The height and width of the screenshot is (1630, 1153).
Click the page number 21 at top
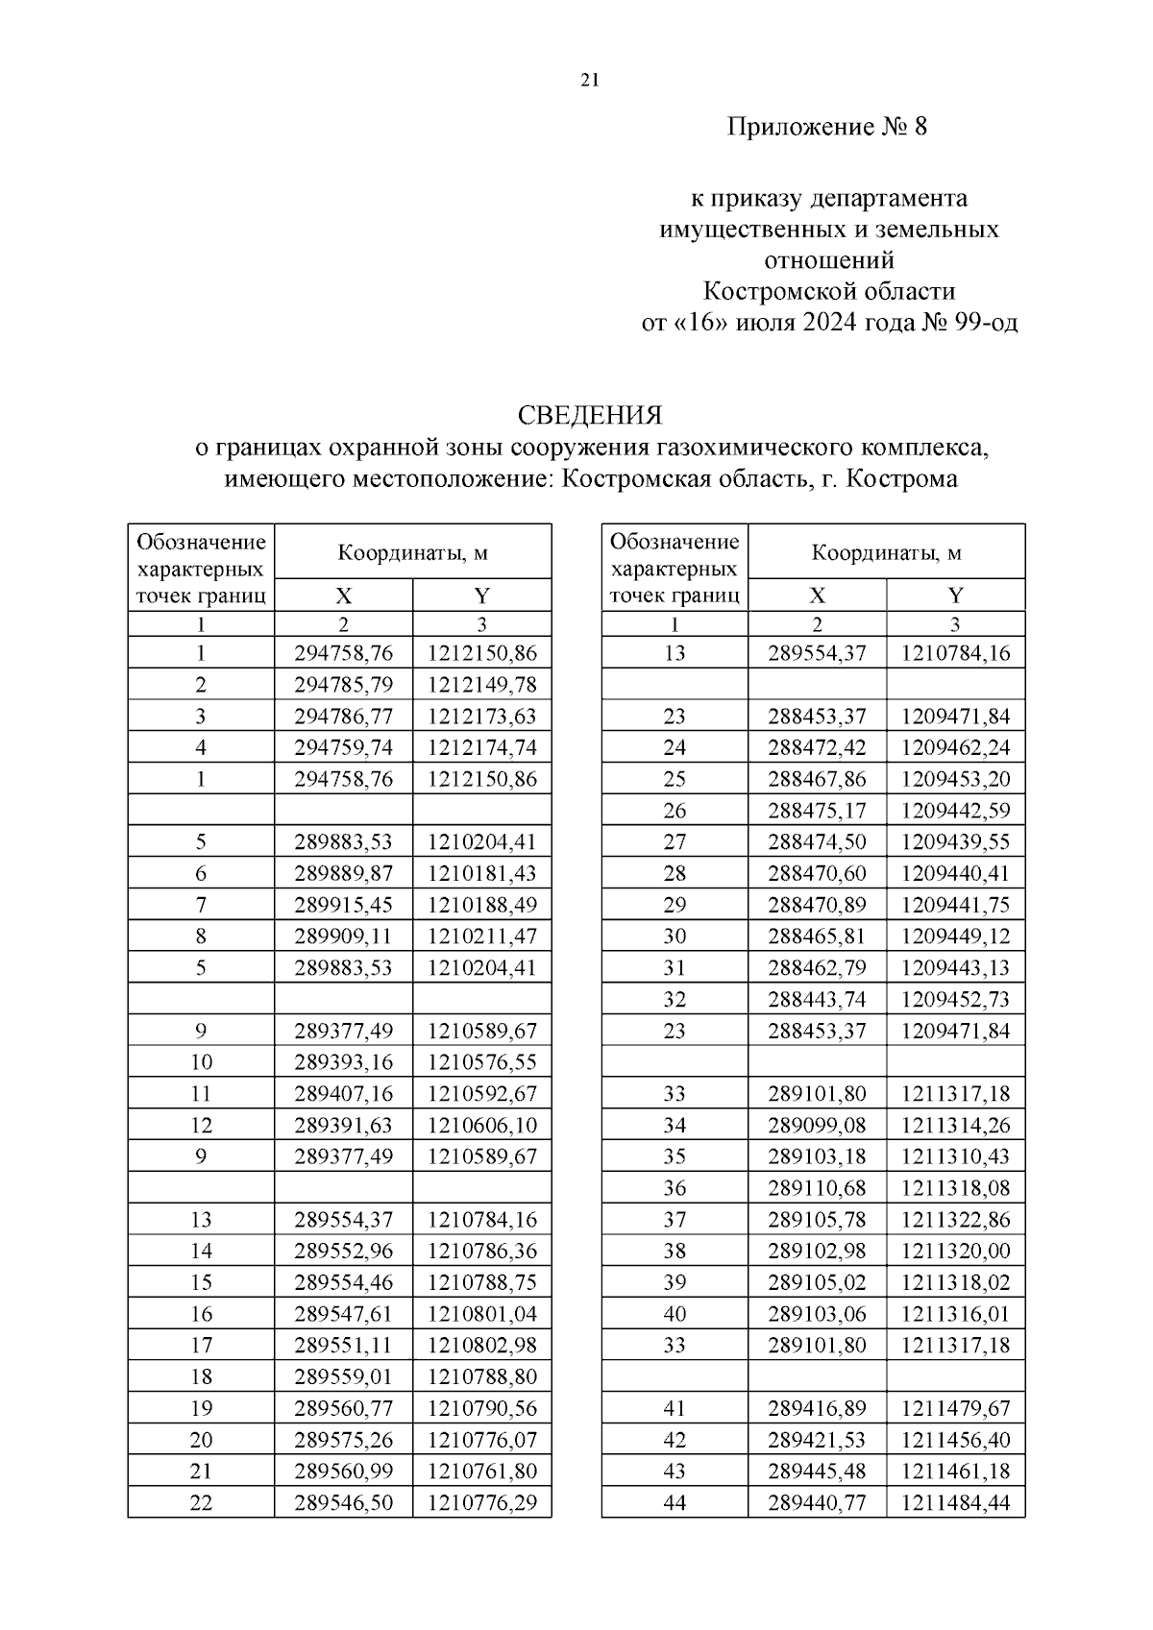590,82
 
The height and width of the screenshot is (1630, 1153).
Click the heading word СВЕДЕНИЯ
590,415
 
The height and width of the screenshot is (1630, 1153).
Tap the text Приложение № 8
826,127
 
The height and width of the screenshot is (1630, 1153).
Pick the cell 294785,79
343,685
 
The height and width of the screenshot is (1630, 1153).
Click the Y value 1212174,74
481,747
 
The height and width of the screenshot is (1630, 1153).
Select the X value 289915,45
343,905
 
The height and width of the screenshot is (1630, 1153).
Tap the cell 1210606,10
481,1125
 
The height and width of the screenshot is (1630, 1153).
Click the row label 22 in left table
201,1502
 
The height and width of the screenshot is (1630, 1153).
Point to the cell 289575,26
343,1440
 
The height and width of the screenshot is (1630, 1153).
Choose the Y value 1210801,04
481,1314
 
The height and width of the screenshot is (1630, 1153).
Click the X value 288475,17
817,811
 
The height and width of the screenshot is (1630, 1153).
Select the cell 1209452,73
955,999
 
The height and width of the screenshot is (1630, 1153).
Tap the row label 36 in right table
675,1188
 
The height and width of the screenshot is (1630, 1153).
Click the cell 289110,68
817,1188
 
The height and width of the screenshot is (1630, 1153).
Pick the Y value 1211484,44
955,1502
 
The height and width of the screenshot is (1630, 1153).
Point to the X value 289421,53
817,1440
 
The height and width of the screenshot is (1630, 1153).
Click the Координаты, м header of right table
886,552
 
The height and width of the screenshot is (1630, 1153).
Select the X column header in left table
343,596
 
